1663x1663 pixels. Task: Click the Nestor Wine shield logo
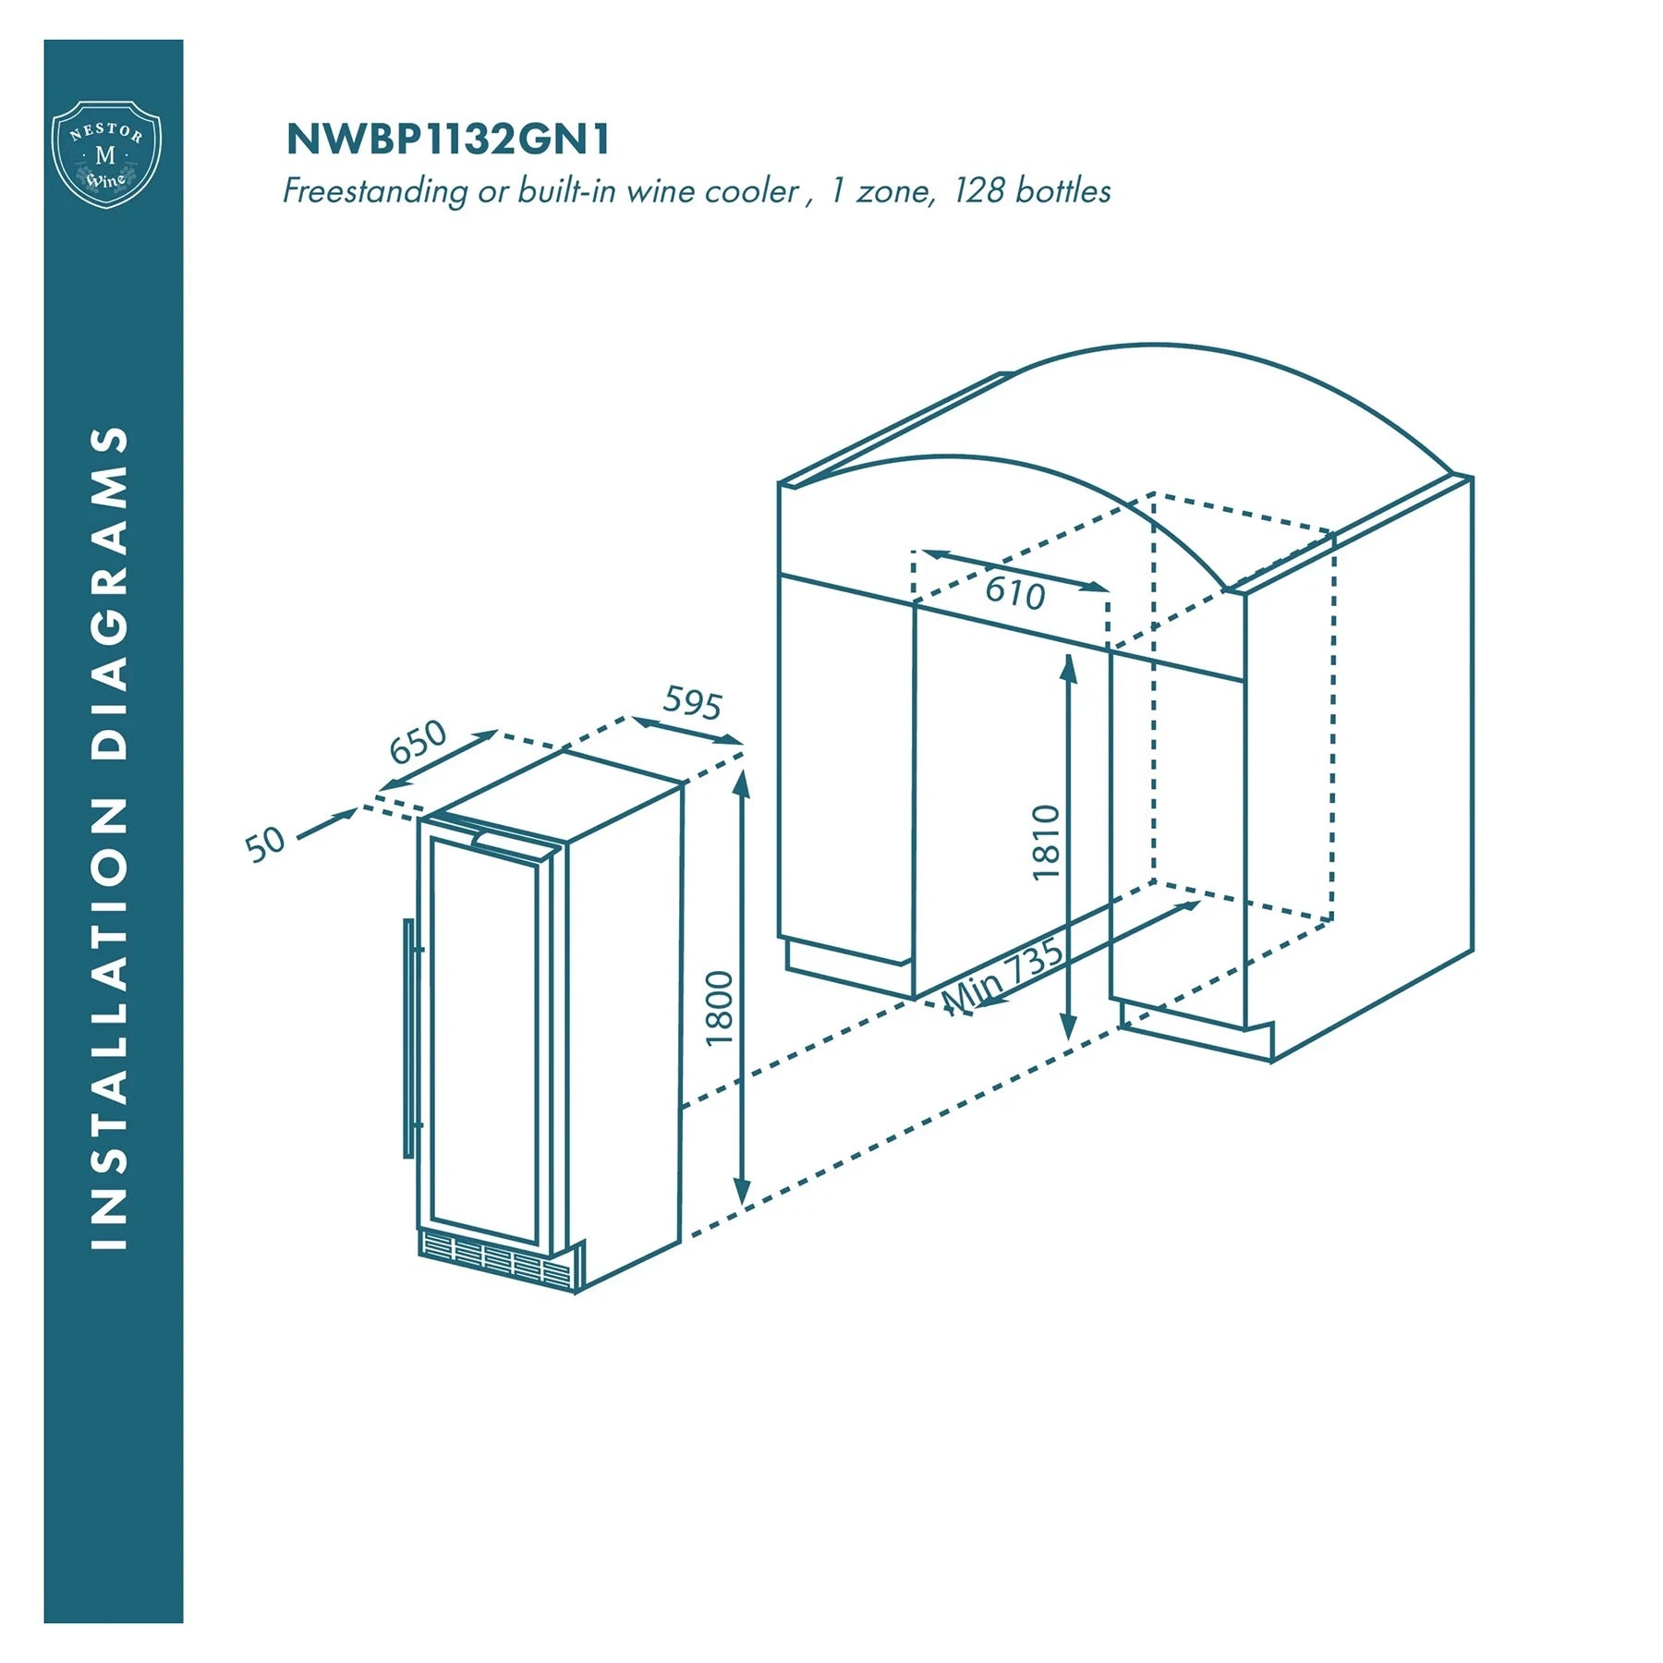tap(106, 154)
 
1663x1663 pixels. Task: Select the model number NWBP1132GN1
tap(448, 140)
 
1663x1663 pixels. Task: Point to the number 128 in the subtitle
tap(979, 190)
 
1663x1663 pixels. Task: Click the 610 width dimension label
tap(1014, 592)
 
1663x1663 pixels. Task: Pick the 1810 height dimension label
tap(1046, 843)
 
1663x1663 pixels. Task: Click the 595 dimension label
tap(692, 702)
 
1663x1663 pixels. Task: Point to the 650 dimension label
tap(418, 741)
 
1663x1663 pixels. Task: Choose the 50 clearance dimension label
tap(265, 844)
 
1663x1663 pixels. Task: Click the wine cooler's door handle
tap(409, 1038)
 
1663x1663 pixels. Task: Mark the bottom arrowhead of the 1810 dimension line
tap(1068, 1025)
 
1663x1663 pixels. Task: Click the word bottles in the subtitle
tap(1062, 190)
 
